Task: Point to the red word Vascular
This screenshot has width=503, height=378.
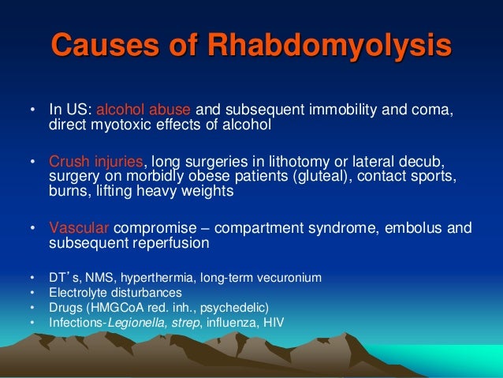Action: click(x=76, y=227)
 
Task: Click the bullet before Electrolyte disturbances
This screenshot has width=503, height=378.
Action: click(x=32, y=292)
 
